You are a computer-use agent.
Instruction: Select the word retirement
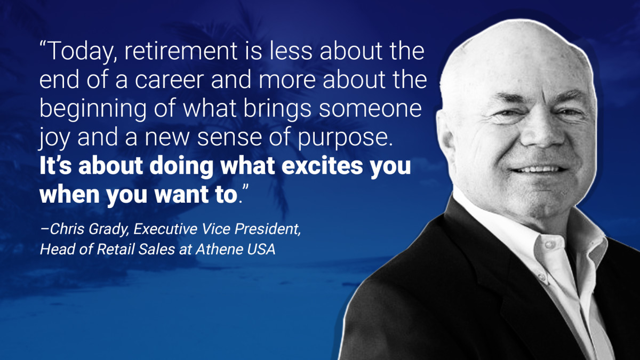pos(181,51)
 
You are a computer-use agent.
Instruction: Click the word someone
pos(370,109)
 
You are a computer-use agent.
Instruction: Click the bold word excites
pos(322,166)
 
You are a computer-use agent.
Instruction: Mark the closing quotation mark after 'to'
pos(245,189)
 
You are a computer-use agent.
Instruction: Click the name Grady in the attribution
pos(108,229)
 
